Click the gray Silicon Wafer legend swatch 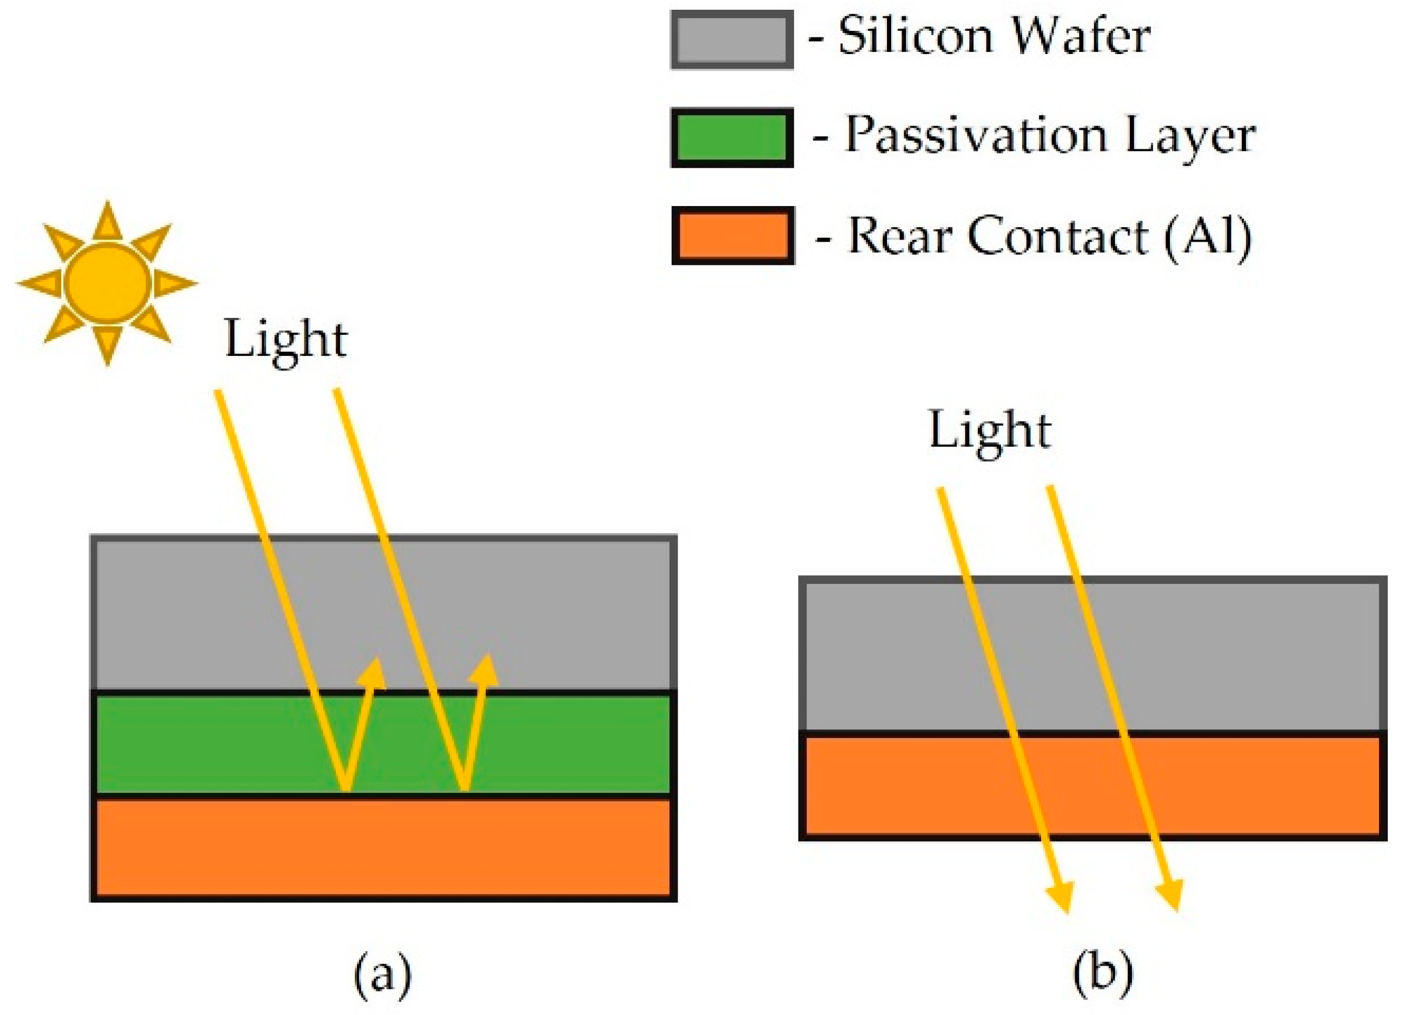732,40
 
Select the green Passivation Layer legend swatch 732,137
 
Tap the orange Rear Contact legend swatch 733,236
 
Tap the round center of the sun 108,283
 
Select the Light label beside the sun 286,340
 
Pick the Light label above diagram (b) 990,431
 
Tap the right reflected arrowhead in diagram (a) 485,671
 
